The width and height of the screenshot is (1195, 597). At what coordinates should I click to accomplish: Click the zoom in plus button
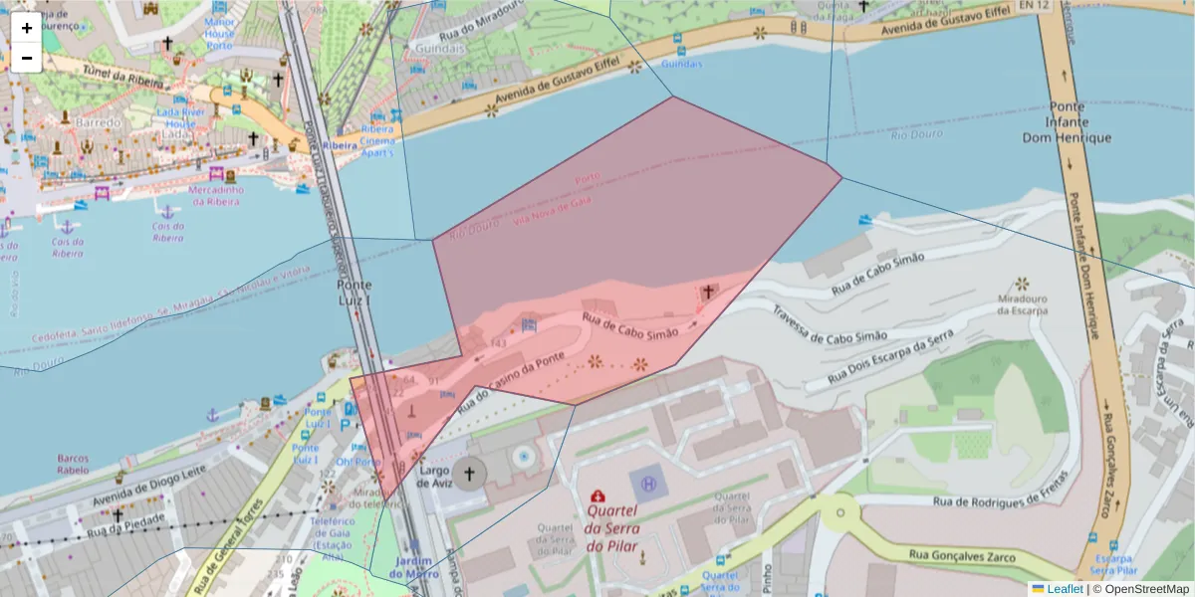point(26,28)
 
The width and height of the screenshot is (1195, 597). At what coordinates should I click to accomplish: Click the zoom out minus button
point(26,58)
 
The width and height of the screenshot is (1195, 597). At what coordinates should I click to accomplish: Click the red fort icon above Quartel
point(597,496)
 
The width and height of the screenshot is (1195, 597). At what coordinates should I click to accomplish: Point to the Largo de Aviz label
point(435,476)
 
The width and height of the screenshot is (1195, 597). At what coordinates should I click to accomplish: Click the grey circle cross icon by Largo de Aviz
point(470,475)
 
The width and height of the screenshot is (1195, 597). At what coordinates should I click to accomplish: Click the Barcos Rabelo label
point(73,466)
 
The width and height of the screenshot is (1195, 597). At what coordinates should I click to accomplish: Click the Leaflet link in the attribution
point(1065,589)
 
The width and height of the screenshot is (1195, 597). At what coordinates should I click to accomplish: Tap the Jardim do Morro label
point(414,567)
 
